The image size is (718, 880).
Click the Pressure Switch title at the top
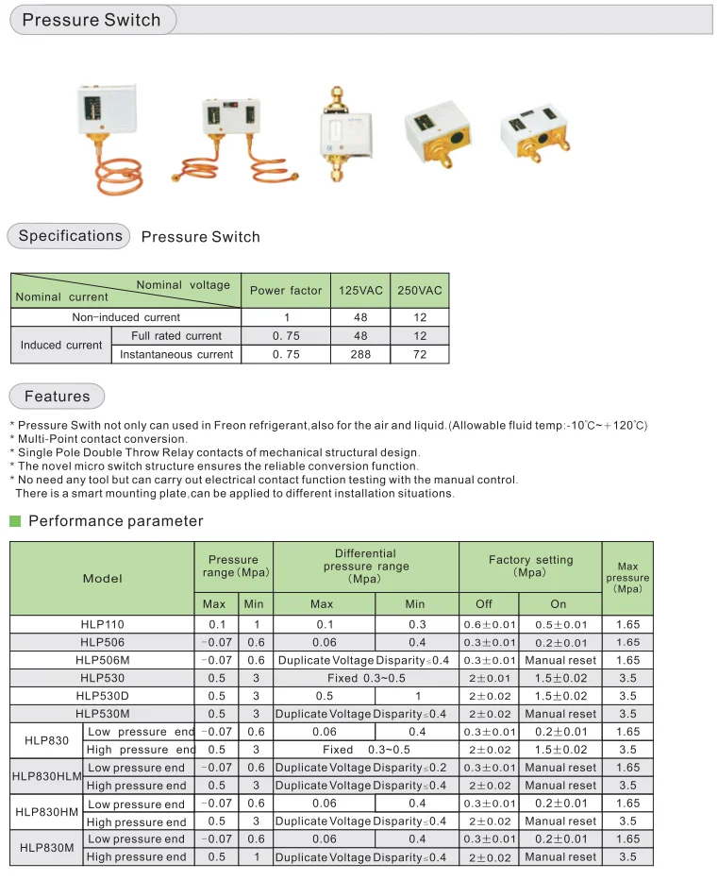click(x=92, y=20)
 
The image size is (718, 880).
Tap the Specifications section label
click(x=71, y=236)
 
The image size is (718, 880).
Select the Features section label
click(x=58, y=397)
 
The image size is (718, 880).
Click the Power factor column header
click(x=286, y=291)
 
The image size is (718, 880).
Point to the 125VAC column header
click(x=361, y=291)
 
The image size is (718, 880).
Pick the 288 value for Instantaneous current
click(x=361, y=354)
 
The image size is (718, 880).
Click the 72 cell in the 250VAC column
click(x=420, y=354)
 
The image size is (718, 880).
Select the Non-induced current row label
click(x=125, y=317)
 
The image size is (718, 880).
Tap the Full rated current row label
click(x=176, y=336)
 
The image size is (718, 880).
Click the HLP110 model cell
click(x=102, y=625)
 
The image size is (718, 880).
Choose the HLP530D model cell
click(x=102, y=696)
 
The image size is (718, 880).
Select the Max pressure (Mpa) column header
click(x=627, y=578)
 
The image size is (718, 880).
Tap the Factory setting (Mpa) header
click(x=530, y=567)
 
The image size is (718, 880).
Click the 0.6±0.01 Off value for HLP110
click(x=490, y=625)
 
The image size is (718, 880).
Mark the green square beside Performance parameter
click(x=15, y=521)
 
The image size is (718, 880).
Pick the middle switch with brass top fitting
click(x=334, y=132)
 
